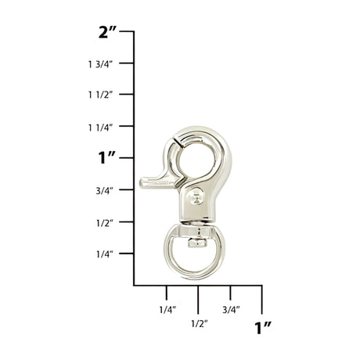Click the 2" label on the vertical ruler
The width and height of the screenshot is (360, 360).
tap(108, 32)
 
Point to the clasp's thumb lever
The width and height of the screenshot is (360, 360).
tap(153, 181)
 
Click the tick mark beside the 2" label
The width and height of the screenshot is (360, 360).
tap(132, 32)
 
